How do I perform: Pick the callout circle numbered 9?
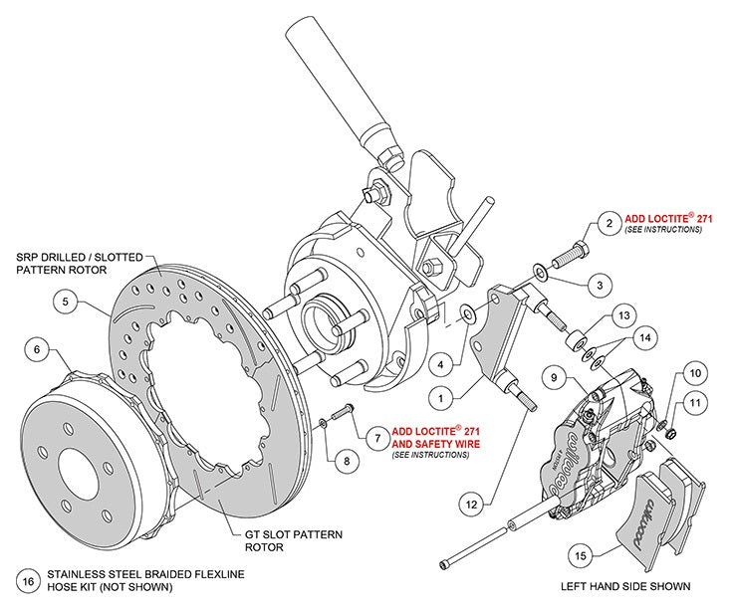[x=555, y=378]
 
